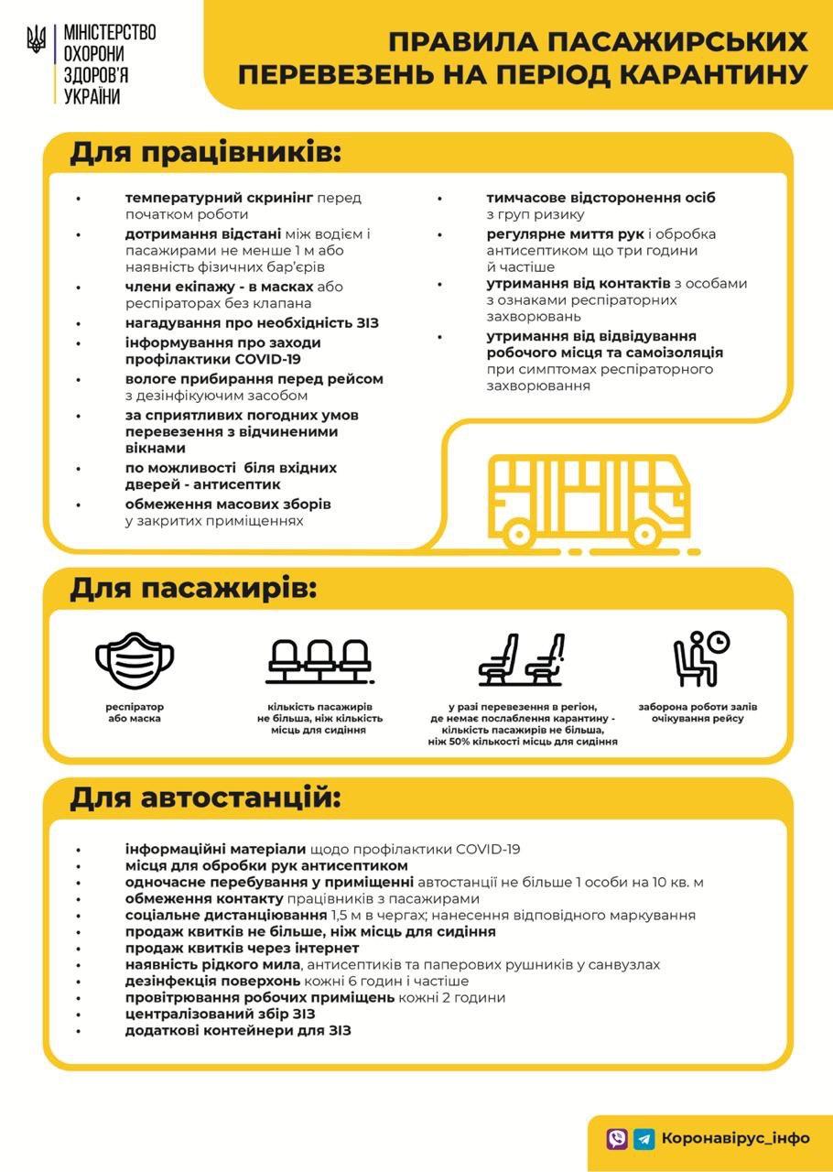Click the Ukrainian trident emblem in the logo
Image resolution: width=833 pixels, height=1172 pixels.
pyautogui.click(x=36, y=39)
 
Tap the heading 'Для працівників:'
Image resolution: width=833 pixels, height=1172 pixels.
pyautogui.click(x=205, y=153)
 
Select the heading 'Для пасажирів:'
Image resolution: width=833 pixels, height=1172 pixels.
pyautogui.click(x=193, y=588)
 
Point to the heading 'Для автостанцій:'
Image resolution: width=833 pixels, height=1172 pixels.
pyautogui.click(x=205, y=798)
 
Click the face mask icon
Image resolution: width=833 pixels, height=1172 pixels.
pyautogui.click(x=135, y=659)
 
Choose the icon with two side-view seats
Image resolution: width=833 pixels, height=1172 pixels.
pyautogui.click(x=521, y=659)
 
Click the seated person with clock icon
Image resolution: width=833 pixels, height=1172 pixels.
pyautogui.click(x=700, y=659)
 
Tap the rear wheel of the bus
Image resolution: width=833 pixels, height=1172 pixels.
pyautogui.click(x=518, y=533)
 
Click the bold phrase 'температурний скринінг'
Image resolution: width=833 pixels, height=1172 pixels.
pyautogui.click(x=219, y=198)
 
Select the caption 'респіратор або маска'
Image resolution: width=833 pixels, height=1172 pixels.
pyautogui.click(x=134, y=713)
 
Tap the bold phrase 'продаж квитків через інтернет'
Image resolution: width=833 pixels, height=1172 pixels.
pyautogui.click(x=242, y=948)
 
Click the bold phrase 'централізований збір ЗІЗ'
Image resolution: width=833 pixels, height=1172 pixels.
pyautogui.click(x=220, y=1014)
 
